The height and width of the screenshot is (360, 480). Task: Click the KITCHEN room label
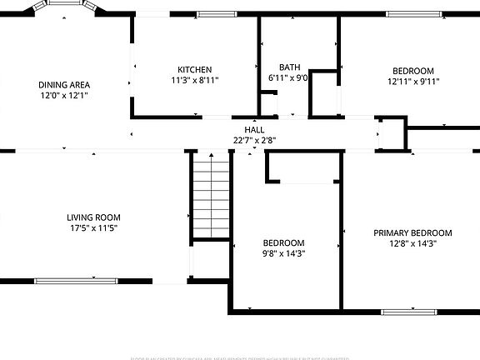click(194, 69)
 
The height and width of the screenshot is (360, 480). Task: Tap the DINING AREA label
click(64, 84)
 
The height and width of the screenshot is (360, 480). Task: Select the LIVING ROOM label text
click(92, 217)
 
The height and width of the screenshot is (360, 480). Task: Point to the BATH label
click(289, 67)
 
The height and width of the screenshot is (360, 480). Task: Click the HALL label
click(254, 130)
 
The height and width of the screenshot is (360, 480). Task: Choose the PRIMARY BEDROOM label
click(412, 233)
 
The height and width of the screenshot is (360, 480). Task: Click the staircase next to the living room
click(210, 197)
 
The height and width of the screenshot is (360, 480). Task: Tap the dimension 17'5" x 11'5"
click(92, 228)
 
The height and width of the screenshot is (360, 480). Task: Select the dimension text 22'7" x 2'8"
click(254, 140)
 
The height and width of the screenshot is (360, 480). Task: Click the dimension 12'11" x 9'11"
click(412, 82)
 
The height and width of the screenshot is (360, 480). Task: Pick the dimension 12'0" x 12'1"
click(64, 95)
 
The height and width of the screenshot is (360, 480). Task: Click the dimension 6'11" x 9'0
click(288, 77)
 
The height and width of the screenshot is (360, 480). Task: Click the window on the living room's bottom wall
click(64, 280)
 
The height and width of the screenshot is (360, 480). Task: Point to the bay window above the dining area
click(67, 4)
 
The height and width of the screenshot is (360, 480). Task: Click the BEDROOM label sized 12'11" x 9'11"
click(412, 71)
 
